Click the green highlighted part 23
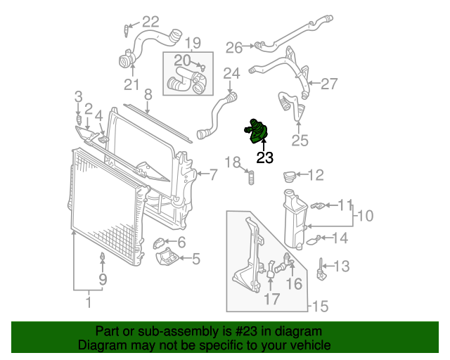(x=257, y=131)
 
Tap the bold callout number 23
(x=264, y=157)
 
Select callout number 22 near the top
(x=151, y=22)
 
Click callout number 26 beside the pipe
(x=234, y=47)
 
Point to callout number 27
(x=329, y=84)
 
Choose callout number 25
(x=300, y=141)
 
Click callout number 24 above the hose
(x=231, y=72)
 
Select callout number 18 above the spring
(x=233, y=163)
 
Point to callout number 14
(x=340, y=238)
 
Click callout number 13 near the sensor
(x=341, y=266)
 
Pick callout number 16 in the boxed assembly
(x=293, y=283)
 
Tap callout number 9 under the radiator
(x=103, y=280)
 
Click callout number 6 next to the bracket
(x=181, y=243)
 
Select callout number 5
(x=195, y=259)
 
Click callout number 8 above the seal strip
(x=148, y=94)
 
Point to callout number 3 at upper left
(x=79, y=96)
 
